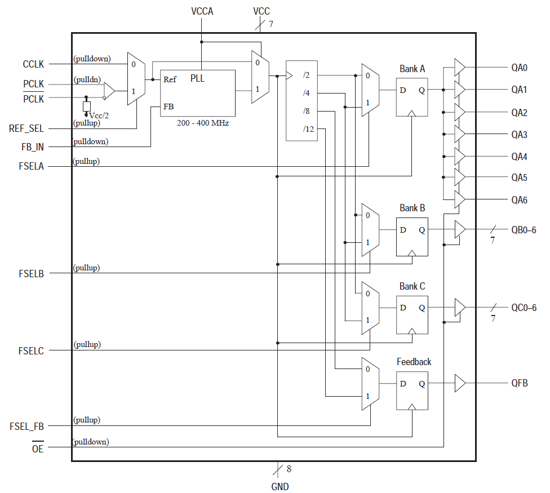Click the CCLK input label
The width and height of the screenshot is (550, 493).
33,64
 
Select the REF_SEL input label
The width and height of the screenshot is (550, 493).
26,128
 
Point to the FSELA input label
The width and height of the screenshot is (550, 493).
31,166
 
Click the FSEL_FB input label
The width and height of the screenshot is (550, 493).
27,426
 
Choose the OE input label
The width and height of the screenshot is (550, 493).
38,448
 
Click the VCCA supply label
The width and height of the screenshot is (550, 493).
202,11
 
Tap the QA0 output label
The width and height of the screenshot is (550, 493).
519,68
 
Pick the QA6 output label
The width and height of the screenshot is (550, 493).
519,200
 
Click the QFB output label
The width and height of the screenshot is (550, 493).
519,384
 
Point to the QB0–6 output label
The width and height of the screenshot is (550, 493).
524,230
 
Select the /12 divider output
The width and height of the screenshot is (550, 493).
308,129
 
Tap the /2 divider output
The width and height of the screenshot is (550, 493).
306,75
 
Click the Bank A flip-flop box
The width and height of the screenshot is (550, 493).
412,96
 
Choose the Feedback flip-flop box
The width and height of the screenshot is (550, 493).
412,389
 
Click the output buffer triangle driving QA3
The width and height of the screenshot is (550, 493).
459,134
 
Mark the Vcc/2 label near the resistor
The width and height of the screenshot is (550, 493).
99,115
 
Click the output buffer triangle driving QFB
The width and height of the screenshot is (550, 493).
459,384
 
